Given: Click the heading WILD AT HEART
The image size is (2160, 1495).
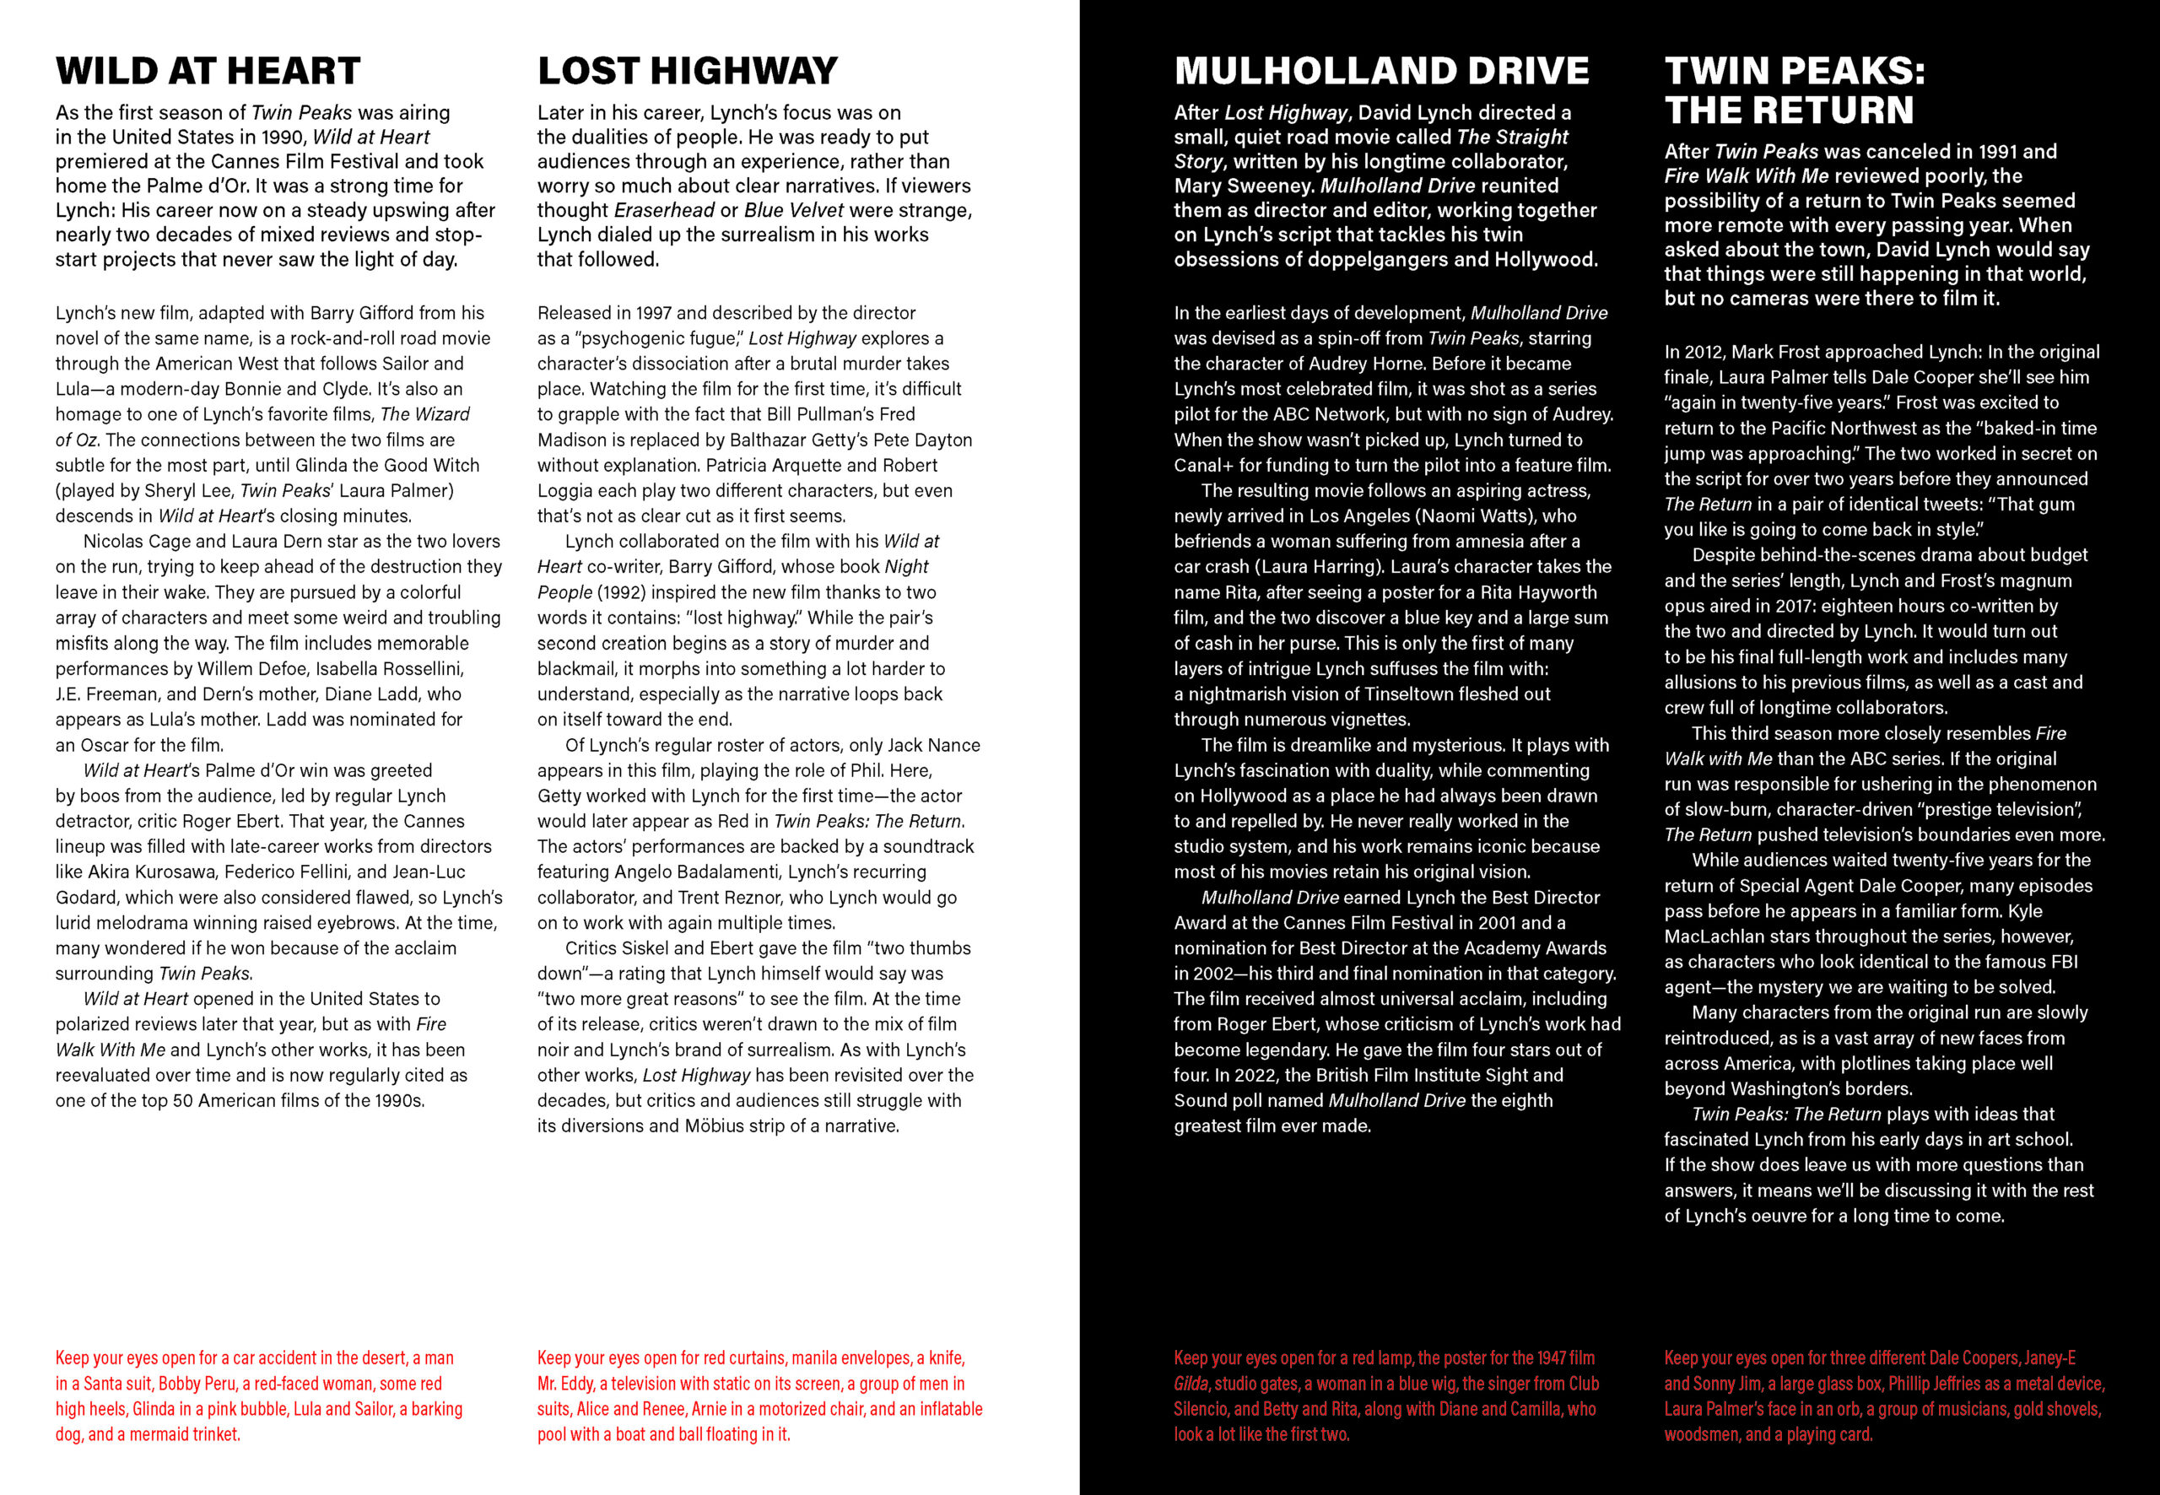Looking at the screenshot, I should click(x=207, y=71).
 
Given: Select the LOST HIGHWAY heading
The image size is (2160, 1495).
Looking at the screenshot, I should click(x=687, y=71).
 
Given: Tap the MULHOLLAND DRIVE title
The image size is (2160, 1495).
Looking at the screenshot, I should click(x=1381, y=71).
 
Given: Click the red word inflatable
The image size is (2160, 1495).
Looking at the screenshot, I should click(x=941, y=1410).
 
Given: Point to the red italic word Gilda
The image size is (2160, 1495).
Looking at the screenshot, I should click(x=1191, y=1384).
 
